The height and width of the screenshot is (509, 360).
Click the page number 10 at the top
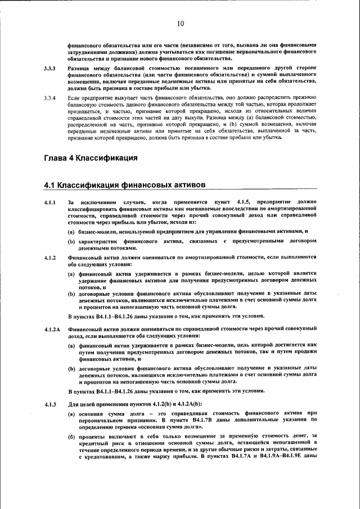180,24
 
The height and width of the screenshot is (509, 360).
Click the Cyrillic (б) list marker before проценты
72,436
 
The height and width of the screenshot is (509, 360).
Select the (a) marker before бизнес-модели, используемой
72,231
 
